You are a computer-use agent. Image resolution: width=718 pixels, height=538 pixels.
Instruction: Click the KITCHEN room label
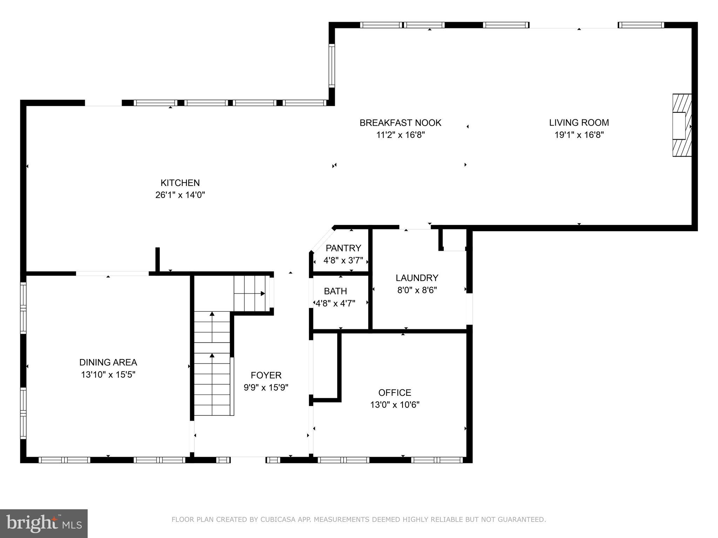coord(180,183)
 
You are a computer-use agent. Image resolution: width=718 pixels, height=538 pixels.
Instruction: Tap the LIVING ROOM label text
coord(579,123)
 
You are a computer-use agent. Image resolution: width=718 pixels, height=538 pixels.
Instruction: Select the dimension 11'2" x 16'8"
coord(400,135)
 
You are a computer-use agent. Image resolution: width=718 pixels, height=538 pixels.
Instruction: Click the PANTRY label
coord(343,248)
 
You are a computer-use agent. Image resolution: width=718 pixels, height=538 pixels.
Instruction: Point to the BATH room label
coord(335,291)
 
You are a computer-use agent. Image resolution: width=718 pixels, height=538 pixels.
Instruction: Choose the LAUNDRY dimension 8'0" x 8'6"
coord(416,290)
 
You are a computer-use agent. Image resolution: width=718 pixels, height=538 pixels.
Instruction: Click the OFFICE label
coord(394,392)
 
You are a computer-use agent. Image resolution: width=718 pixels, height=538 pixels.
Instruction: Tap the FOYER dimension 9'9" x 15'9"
coord(266,387)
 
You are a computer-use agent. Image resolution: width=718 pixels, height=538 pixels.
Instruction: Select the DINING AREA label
coord(108,362)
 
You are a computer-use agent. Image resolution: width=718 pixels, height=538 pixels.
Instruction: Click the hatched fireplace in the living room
coord(681,125)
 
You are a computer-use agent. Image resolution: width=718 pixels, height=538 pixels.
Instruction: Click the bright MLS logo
coord(43,524)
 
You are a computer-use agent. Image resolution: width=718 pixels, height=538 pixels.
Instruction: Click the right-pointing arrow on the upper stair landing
coord(262,294)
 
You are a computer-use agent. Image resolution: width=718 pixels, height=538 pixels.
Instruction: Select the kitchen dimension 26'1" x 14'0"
coord(180,195)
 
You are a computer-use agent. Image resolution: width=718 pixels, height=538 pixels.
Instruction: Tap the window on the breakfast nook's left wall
coord(331,65)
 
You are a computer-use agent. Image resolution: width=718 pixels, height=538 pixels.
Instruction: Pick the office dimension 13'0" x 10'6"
coord(394,405)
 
